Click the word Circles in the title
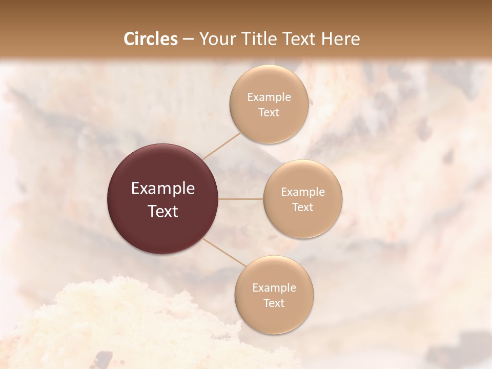coord(150,39)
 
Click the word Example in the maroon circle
coord(163,189)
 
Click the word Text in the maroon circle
coord(163,211)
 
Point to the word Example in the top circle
coord(269,97)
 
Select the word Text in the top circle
coord(269,112)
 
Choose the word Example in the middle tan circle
coord(302,192)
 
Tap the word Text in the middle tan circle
coord(302,207)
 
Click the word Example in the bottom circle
coord(274,288)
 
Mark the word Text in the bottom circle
coord(274,303)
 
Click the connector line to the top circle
coord(221,146)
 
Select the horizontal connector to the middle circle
coord(241,199)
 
